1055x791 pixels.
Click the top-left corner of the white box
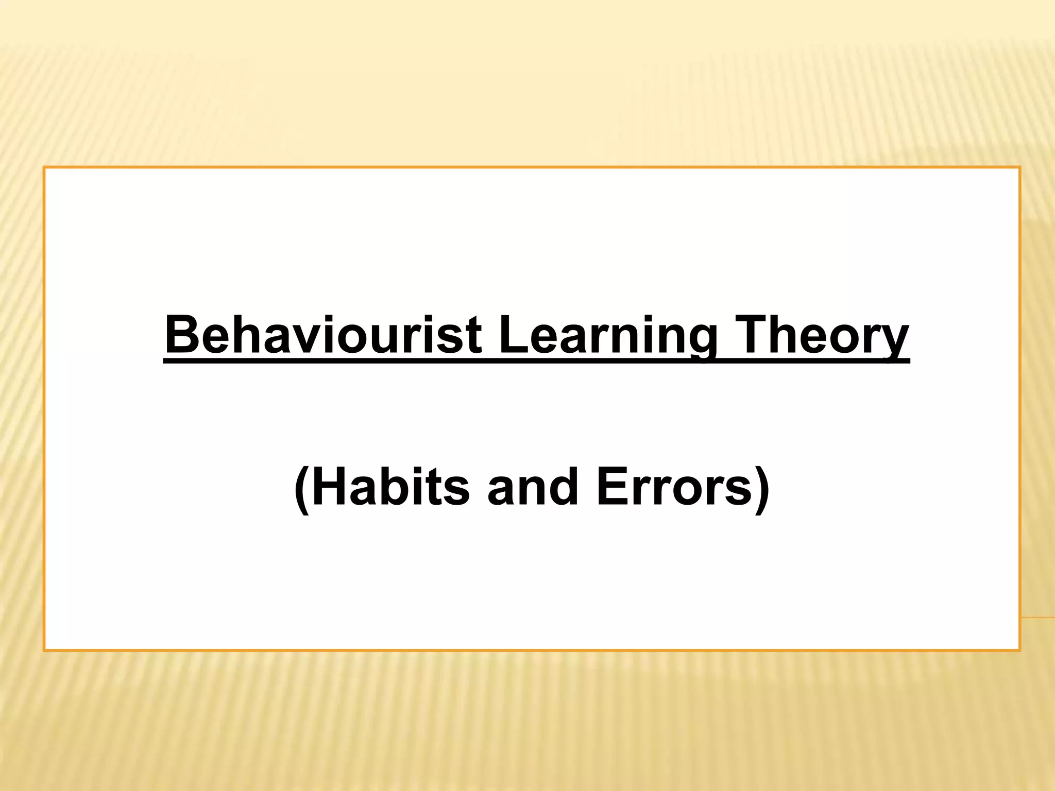pyautogui.click(x=45, y=168)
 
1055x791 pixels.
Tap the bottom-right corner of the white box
pyautogui.click(x=1019, y=650)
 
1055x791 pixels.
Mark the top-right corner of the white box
pyautogui.click(x=1019, y=168)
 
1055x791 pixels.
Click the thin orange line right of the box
pyautogui.click(x=1037, y=617)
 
